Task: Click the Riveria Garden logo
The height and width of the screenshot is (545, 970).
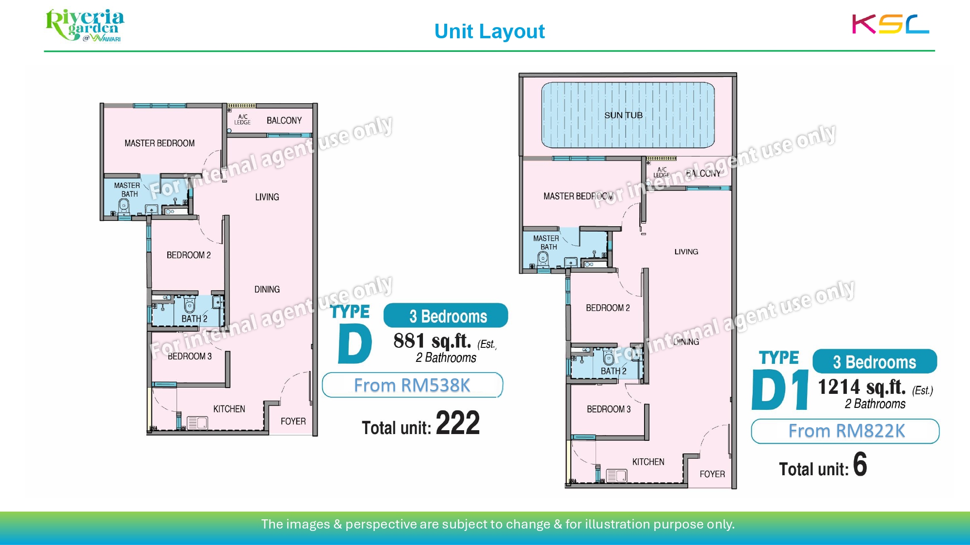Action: (x=85, y=25)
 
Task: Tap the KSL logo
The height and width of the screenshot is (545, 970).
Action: (x=890, y=24)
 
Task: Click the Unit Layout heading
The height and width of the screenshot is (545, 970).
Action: (x=489, y=31)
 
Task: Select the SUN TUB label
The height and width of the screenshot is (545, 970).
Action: (x=623, y=115)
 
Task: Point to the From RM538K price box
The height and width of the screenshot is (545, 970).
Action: (x=412, y=385)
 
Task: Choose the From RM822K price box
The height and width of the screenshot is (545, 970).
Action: (x=845, y=431)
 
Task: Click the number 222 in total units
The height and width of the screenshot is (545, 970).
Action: (x=458, y=423)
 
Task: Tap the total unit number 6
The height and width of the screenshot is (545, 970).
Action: (x=860, y=464)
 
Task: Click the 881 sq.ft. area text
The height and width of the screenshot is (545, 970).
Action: (x=432, y=341)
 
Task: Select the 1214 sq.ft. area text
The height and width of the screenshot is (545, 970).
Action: (x=862, y=387)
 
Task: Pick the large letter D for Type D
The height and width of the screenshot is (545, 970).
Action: (x=355, y=343)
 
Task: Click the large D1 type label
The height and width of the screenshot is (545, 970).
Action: (x=780, y=390)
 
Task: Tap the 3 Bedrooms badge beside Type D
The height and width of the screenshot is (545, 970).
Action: (x=446, y=316)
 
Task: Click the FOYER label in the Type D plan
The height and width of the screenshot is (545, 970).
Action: (x=293, y=421)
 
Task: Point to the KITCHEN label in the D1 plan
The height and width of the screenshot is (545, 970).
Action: (x=648, y=462)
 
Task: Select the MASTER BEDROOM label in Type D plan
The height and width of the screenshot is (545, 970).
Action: (x=160, y=143)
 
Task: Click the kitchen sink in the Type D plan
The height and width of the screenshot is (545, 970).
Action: (x=197, y=423)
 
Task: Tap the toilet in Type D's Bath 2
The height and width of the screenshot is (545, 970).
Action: (x=190, y=305)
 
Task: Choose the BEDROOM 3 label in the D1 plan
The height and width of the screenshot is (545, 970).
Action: (x=609, y=409)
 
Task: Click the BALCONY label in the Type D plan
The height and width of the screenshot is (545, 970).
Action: (x=284, y=121)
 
